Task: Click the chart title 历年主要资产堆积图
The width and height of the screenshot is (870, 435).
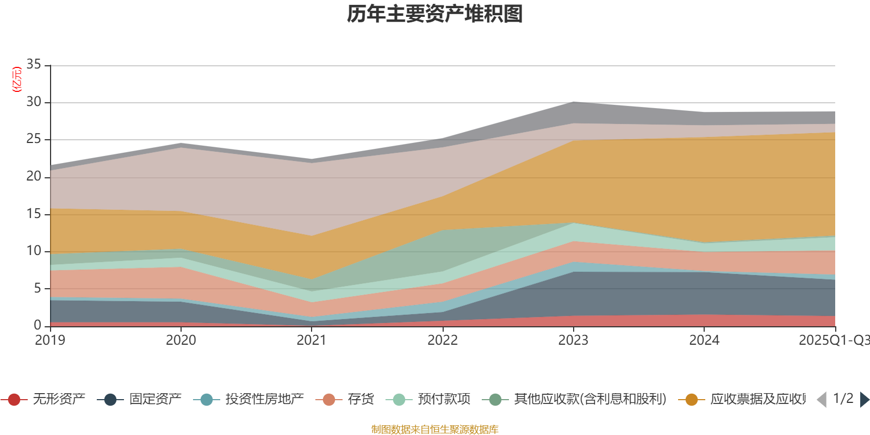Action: pos(435,15)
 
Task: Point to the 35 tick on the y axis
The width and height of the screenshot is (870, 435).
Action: pos(34,65)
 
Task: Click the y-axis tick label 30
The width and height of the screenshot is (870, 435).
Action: pos(34,102)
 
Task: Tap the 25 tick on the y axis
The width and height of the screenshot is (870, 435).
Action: pos(34,139)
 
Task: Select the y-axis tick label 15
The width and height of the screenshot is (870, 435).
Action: pos(34,214)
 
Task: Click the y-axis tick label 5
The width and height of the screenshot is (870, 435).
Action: pos(38,288)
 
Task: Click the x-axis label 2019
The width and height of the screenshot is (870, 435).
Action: pos(50,340)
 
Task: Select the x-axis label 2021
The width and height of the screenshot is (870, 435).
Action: pos(312,340)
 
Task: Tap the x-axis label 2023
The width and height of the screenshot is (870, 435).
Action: pos(573,340)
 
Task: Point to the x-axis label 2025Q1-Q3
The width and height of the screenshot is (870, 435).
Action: pos(833,340)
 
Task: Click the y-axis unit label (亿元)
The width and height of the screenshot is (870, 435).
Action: pos(17,79)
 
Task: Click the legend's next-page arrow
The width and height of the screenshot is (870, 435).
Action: pos(865,400)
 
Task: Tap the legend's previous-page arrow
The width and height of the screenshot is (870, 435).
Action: pos(822,400)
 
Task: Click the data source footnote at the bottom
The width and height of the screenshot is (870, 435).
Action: pos(435,430)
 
